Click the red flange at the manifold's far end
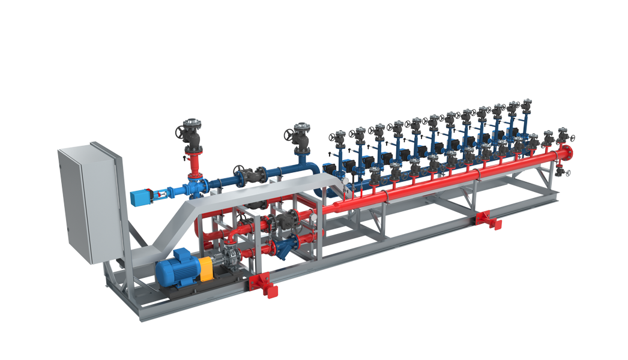click(566, 153)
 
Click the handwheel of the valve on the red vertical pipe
click(192, 127)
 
